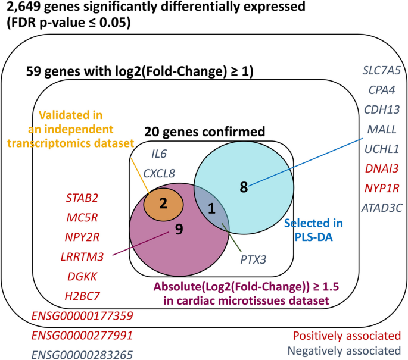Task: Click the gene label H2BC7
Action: coord(83,295)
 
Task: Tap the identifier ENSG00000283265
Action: coord(82,355)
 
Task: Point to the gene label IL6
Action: coord(159,154)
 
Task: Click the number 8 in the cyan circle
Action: coord(243,186)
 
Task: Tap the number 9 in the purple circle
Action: coord(179,229)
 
